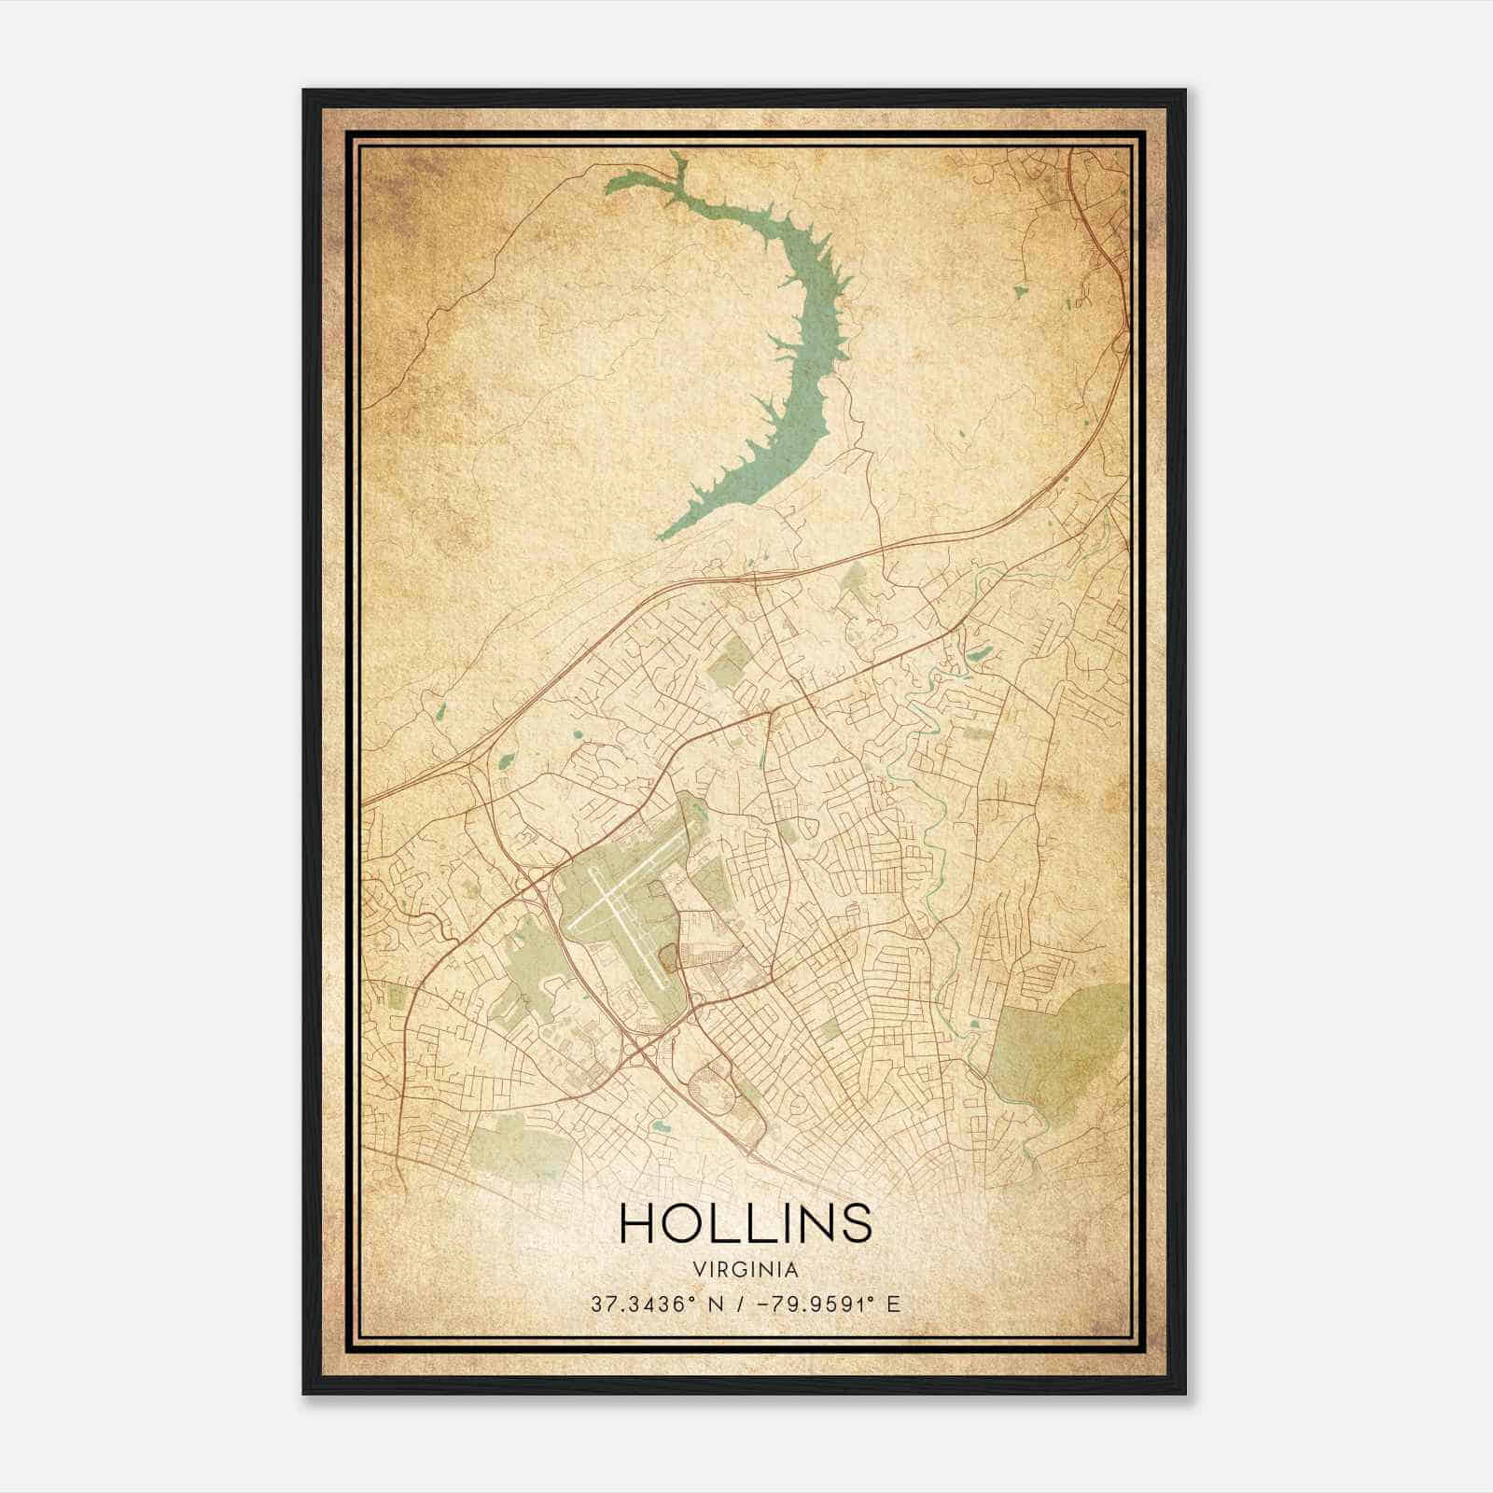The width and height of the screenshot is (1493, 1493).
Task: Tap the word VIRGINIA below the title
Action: [746, 1270]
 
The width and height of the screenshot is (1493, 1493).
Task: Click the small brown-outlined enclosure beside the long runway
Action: [670, 956]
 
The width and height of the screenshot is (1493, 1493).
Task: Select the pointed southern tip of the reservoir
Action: [663, 536]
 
